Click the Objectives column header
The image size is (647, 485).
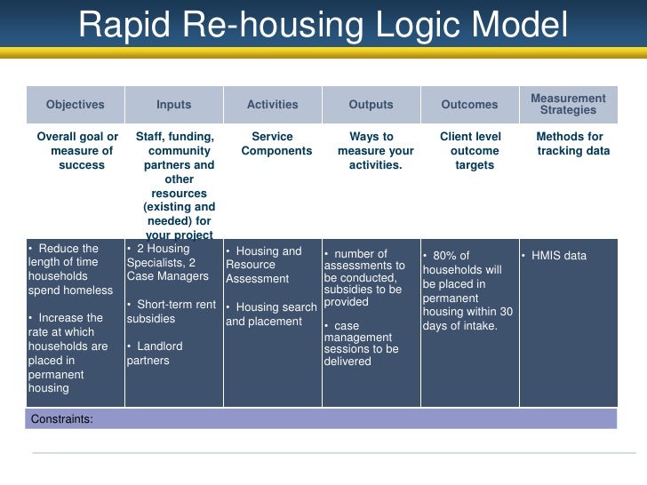[76, 105]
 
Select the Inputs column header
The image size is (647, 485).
[173, 105]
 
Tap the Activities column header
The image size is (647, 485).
[272, 105]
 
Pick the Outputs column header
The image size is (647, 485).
[371, 105]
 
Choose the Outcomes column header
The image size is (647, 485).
[469, 105]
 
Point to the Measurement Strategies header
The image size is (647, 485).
[568, 104]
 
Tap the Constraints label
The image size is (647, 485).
[62, 418]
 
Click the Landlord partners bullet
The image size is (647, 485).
[155, 354]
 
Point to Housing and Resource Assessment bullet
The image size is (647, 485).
[264, 265]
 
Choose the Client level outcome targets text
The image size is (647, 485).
[470, 151]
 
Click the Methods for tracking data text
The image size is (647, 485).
[571, 144]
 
